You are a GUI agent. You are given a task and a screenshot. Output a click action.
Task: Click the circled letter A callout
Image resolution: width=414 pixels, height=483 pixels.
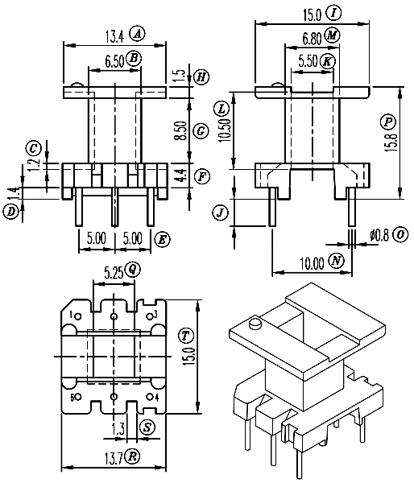(137, 34)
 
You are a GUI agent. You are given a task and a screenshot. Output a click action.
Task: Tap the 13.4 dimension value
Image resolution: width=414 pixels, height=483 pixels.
(114, 37)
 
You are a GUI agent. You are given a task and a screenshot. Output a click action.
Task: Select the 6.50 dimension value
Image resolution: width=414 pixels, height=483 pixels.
(114, 61)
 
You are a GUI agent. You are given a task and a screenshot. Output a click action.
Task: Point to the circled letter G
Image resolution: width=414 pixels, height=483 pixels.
(201, 131)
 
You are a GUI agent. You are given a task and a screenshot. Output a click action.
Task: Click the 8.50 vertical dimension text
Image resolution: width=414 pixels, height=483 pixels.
(181, 131)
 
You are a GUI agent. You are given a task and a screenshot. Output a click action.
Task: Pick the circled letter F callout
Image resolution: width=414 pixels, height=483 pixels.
(202, 176)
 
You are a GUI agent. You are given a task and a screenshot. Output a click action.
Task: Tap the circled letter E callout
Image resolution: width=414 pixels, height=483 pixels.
(162, 239)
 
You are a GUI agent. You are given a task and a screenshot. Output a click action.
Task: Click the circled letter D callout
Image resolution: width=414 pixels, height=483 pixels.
(11, 212)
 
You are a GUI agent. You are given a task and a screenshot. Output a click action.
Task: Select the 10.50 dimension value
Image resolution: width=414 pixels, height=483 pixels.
(225, 130)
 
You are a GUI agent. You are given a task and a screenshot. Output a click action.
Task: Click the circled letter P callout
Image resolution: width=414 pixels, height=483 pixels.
(388, 122)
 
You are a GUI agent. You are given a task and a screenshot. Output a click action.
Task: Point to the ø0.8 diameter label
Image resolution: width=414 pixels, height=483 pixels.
(379, 236)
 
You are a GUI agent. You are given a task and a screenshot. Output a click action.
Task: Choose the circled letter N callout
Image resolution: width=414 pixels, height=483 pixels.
(337, 261)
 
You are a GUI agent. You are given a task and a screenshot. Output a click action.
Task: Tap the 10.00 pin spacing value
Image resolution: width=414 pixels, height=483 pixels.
(313, 264)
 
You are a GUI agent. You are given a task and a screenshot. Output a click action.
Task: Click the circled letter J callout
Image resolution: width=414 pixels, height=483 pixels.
(221, 213)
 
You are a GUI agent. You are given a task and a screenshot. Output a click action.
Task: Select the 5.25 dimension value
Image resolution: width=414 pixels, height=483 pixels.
(114, 273)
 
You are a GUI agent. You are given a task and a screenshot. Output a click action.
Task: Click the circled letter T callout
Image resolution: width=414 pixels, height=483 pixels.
(185, 336)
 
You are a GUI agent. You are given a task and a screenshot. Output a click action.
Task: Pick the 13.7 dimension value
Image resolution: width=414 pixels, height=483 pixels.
(114, 460)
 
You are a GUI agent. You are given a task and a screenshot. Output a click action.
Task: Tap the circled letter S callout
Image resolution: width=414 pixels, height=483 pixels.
(147, 427)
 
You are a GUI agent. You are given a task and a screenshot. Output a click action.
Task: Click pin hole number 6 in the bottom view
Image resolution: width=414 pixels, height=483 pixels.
(77, 397)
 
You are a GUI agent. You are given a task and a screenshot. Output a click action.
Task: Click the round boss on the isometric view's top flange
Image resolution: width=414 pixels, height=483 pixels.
(255, 324)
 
